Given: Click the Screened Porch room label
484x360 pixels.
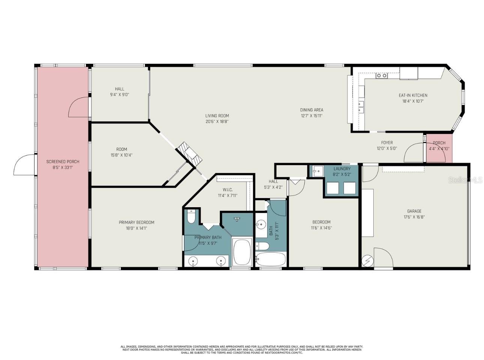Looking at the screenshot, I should (63, 162).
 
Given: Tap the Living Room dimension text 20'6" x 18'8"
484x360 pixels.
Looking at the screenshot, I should (217, 122).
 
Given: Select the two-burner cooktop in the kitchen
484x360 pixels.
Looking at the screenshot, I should (382, 76).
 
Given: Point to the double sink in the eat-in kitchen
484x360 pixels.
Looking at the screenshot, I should (361, 107).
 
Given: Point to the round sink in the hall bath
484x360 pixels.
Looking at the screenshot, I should (260, 225).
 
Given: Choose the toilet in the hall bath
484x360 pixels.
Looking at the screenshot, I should (262, 246).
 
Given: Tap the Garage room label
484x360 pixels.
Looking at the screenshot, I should (414, 211).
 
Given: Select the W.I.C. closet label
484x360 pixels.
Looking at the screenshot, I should (227, 190).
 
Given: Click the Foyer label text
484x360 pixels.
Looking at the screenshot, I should (387, 143).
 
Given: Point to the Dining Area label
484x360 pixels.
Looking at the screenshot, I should (311, 110).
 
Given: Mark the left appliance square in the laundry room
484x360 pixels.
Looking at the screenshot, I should (332, 188).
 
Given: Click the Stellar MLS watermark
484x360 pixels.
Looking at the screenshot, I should (465, 180).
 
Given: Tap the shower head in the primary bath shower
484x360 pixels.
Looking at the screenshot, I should (237, 218).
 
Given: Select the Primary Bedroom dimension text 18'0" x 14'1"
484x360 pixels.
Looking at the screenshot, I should (137, 228).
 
